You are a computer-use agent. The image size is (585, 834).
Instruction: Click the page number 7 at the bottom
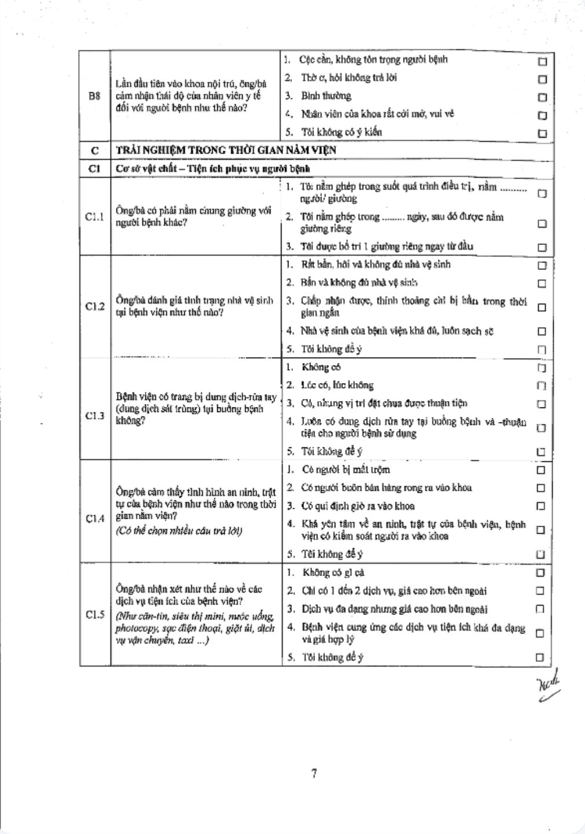[313, 773]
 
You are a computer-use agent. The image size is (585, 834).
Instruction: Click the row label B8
[94, 96]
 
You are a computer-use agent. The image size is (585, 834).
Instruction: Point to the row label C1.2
[94, 307]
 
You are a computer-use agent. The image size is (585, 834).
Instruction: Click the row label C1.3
[94, 416]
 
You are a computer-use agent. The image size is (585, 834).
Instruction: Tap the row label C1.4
[94, 518]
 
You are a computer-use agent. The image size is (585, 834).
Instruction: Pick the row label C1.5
[94, 614]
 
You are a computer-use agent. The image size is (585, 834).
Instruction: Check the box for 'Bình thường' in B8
[542, 97]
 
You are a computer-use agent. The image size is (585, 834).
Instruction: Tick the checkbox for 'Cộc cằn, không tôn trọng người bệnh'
[542, 61]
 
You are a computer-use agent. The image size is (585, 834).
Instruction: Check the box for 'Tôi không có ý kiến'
[542, 133]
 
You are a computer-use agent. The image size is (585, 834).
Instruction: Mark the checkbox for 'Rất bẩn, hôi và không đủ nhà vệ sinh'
[542, 266]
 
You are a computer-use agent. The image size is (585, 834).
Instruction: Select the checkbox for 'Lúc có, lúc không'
[542, 386]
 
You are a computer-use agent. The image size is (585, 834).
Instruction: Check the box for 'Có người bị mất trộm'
[541, 470]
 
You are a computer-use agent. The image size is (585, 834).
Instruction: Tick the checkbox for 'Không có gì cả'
[540, 573]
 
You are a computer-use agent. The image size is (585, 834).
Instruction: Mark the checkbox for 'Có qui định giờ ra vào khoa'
[541, 506]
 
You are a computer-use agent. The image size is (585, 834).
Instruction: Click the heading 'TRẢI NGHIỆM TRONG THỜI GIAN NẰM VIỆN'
[226, 151]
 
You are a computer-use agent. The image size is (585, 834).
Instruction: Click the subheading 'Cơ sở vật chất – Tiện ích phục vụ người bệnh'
[213, 169]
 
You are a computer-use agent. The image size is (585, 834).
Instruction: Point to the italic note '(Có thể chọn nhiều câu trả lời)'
[179, 531]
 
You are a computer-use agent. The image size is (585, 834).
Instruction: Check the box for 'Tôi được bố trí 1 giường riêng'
[542, 247]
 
